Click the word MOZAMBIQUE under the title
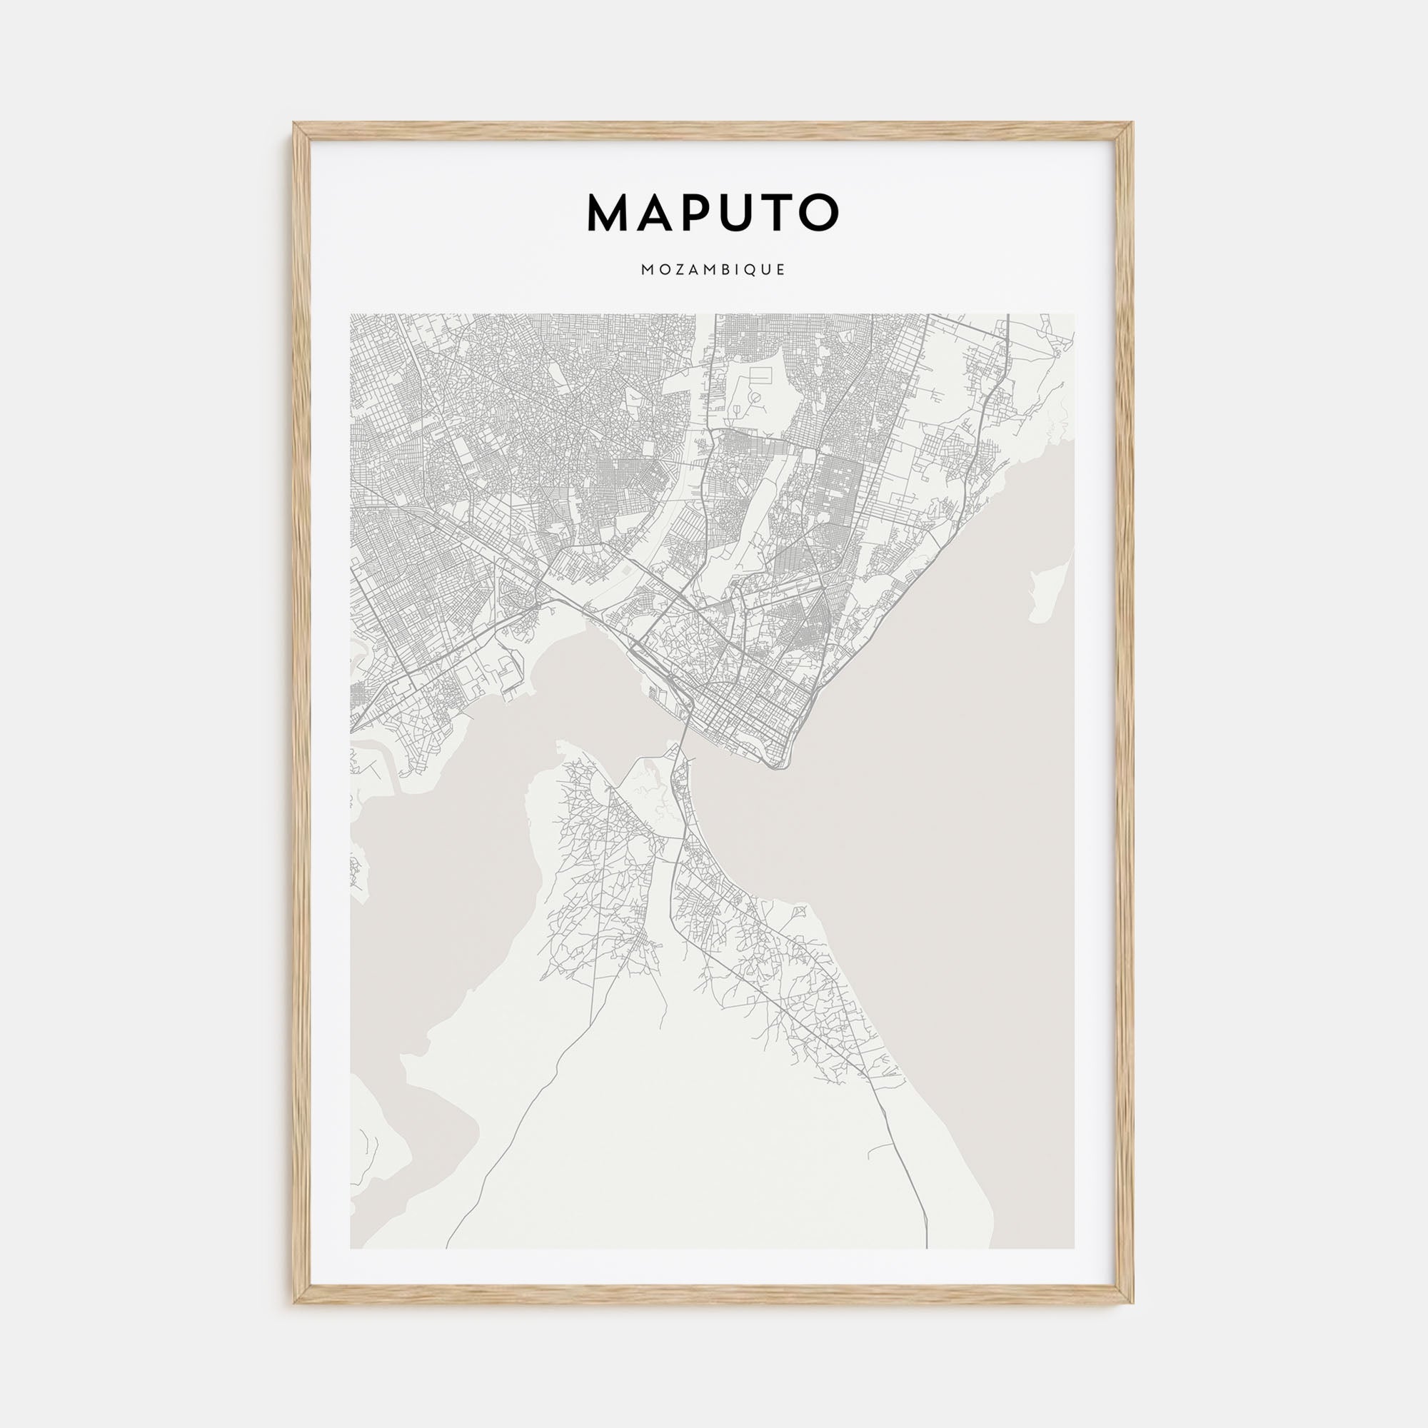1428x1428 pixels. click(x=713, y=271)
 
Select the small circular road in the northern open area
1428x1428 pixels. click(x=755, y=398)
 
